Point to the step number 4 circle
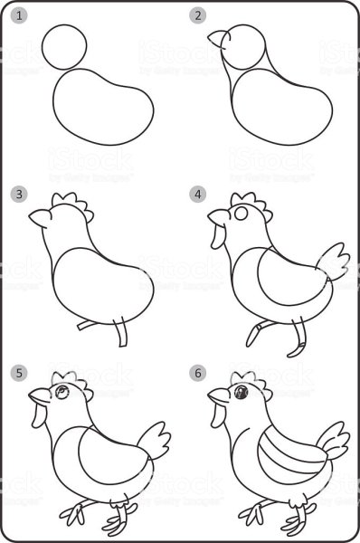point(195,194)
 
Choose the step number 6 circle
point(195,372)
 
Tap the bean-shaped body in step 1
point(99,108)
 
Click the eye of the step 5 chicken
point(61,392)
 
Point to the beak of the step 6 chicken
point(216,395)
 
